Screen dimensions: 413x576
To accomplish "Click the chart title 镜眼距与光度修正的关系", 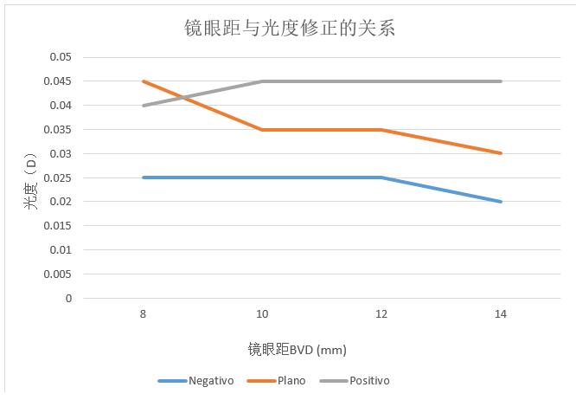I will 289,28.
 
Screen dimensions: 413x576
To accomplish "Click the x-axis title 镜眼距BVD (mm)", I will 297,350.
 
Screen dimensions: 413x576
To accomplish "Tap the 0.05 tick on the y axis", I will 61,57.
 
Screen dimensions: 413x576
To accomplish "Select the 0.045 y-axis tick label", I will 59,81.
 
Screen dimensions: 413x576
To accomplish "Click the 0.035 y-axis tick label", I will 59,130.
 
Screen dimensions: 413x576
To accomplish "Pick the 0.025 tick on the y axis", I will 59,177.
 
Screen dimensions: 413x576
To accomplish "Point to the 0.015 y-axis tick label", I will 59,226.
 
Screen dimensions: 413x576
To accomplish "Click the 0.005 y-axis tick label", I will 59,274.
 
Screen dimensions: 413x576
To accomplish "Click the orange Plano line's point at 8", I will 143,81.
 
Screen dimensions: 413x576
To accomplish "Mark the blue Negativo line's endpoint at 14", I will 501,202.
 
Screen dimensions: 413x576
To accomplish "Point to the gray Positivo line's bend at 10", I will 262,81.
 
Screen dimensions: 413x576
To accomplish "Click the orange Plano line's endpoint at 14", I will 501,153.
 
